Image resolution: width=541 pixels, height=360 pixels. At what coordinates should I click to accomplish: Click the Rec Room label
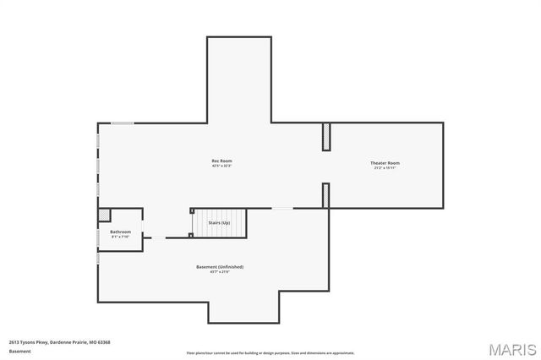[x=221, y=161]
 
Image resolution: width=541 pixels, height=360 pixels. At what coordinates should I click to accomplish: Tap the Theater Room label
[x=385, y=162]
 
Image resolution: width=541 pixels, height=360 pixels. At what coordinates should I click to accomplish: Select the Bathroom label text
[x=120, y=232]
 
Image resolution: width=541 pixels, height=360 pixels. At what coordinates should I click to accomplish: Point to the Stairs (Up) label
[x=219, y=222]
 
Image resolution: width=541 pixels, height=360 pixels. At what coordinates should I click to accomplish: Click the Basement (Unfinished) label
[x=220, y=267]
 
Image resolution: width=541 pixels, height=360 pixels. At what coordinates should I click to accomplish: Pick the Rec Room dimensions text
[x=221, y=166]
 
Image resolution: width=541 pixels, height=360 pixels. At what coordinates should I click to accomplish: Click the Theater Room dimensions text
[x=385, y=168]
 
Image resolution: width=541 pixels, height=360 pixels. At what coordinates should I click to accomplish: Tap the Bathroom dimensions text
[x=120, y=237]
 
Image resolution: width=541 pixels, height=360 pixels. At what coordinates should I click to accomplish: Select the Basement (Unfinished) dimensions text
[x=220, y=272]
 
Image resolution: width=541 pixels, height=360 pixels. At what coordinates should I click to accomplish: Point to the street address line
[x=59, y=342]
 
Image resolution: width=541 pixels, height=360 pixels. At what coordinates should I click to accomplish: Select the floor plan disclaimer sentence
[x=270, y=353]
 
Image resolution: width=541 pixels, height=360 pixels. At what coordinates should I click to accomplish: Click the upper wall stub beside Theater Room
[x=326, y=137]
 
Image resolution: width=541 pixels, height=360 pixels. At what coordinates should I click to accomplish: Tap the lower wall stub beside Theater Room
[x=326, y=195]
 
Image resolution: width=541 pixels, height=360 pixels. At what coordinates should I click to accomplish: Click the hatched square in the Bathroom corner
[x=105, y=215]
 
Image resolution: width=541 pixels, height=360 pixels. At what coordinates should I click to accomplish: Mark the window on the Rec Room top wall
[x=123, y=123]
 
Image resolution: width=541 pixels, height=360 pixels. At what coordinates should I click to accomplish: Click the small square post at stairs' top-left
[x=192, y=210]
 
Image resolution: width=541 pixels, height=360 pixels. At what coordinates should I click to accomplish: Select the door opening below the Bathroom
[x=156, y=237]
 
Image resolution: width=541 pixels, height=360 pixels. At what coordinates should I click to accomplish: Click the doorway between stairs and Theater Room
[x=282, y=208]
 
